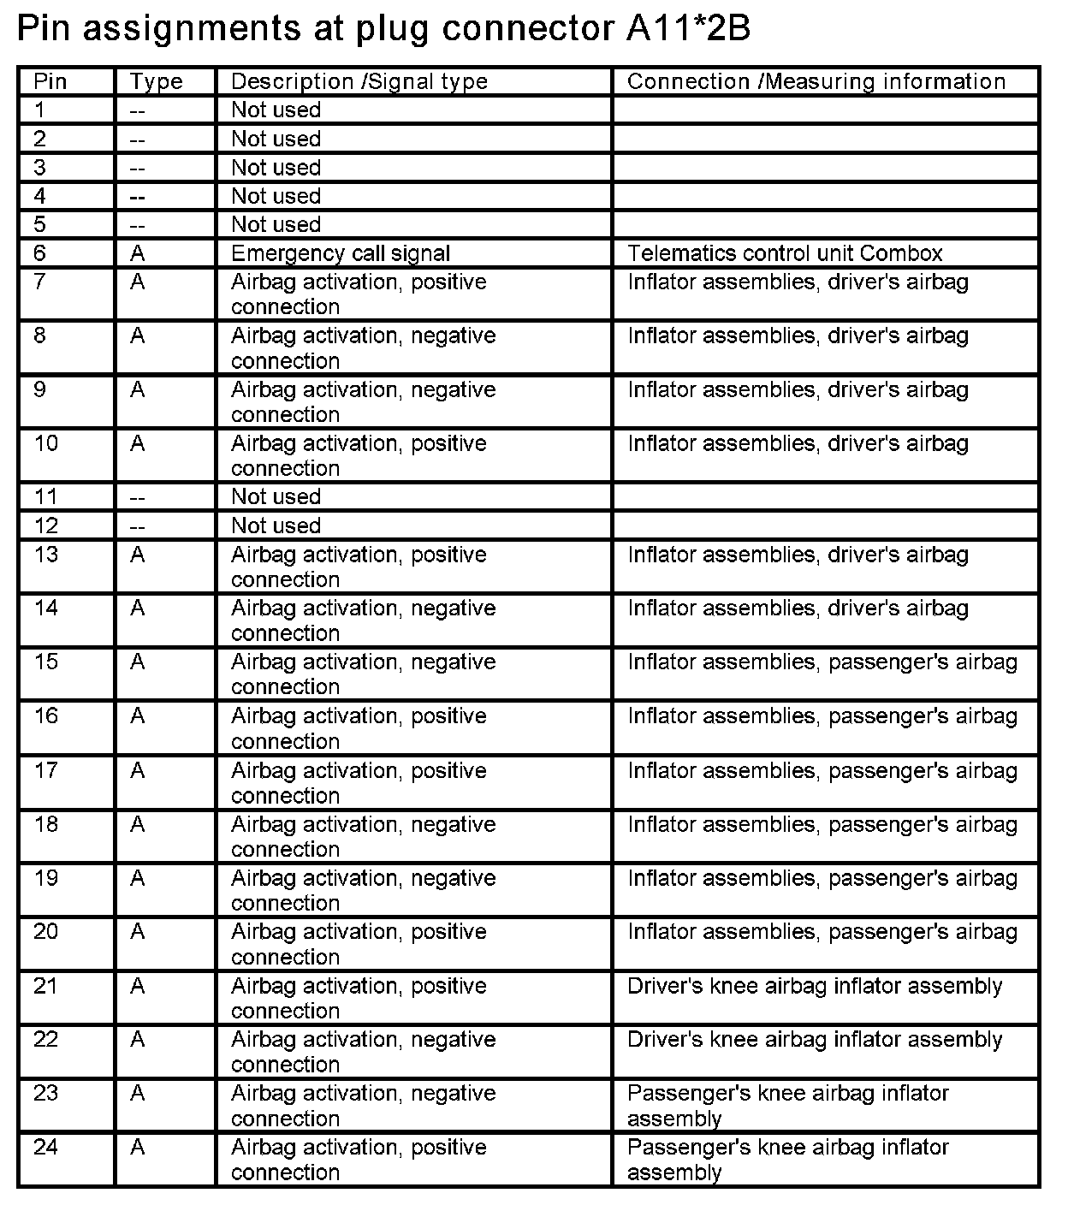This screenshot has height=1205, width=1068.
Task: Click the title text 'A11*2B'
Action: (682, 29)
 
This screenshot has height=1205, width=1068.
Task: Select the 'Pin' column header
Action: (50, 82)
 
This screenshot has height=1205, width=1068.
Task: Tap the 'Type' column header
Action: (157, 82)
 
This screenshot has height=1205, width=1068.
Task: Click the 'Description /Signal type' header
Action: (359, 82)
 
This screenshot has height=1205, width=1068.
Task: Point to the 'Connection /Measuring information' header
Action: (816, 82)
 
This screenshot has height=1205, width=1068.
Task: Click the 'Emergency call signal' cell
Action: (341, 253)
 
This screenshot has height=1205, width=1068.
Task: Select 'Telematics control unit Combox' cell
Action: (785, 253)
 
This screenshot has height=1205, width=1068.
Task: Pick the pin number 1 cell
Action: (40, 110)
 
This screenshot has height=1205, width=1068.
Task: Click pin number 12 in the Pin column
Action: (46, 525)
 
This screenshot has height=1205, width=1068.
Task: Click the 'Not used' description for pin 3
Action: (276, 168)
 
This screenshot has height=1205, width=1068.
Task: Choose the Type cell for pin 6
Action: (138, 253)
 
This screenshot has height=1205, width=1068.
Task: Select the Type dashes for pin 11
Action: (138, 497)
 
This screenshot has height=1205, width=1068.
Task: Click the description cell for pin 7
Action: (359, 294)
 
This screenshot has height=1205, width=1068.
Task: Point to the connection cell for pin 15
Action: (822, 662)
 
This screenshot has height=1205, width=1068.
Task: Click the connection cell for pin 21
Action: (815, 986)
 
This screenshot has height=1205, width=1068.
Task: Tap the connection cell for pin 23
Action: (788, 1106)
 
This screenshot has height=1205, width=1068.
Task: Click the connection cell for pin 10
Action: (798, 443)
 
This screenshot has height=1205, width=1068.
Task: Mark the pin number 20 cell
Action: (46, 932)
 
